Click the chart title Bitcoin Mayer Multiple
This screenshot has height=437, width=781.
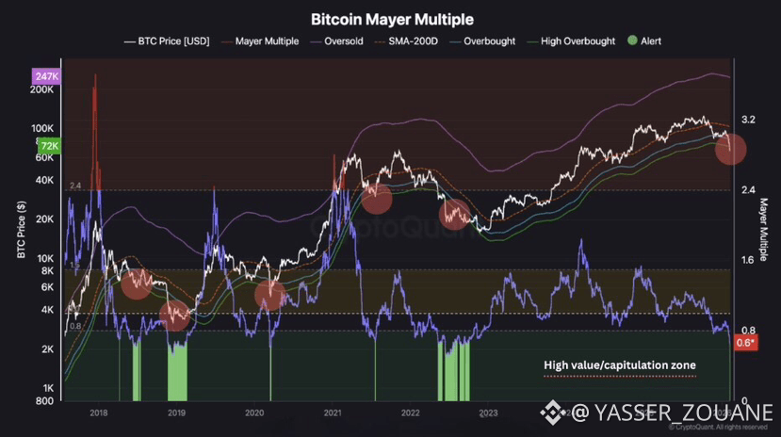pos(392,19)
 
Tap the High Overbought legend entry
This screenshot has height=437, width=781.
pos(577,41)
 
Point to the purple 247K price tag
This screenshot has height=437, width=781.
pos(47,75)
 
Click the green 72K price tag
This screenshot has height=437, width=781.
pos(49,146)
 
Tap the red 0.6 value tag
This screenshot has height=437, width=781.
pos(744,343)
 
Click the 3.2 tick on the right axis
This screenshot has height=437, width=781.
pos(749,121)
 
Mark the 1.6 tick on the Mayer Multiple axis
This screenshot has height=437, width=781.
pos(749,260)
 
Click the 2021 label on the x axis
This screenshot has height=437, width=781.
pos(332,413)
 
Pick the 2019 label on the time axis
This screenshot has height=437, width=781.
pos(175,413)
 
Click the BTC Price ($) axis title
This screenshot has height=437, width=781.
pos(21,230)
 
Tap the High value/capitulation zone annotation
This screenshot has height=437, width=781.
pos(619,365)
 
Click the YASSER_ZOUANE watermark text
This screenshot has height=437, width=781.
pos(677,413)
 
